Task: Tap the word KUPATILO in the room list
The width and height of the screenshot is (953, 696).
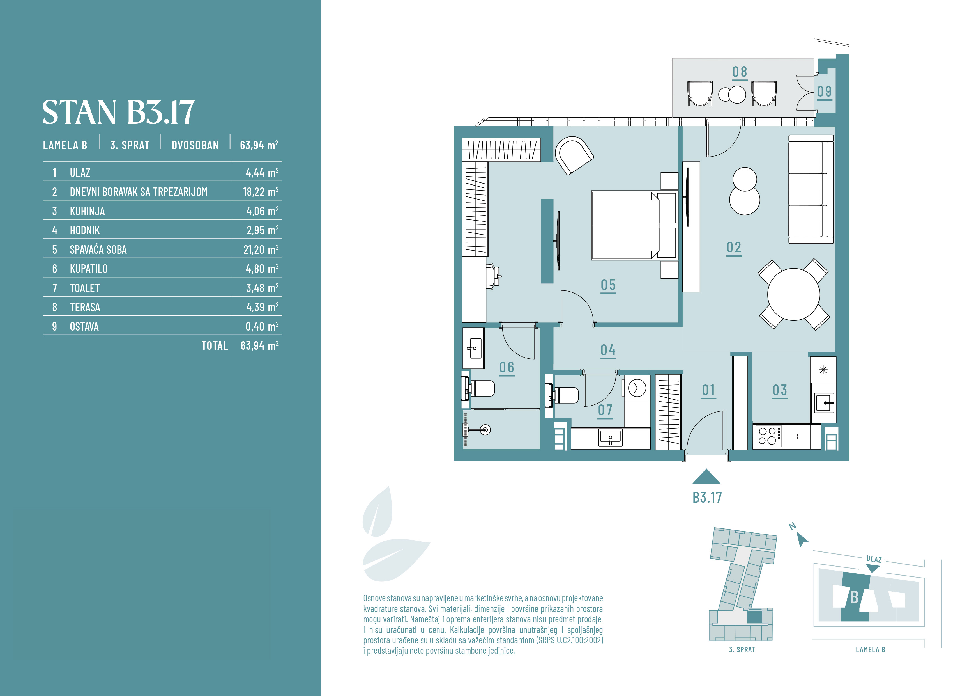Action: tap(89, 269)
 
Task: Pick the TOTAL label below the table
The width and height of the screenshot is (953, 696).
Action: tap(215, 346)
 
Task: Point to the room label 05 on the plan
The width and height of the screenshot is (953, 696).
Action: tap(608, 285)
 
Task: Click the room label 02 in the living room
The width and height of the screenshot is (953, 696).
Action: tap(734, 247)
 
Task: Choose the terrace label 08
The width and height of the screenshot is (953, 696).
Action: tap(740, 72)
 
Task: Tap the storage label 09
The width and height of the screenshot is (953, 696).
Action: tap(824, 91)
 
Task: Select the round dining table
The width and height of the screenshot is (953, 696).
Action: tap(793, 294)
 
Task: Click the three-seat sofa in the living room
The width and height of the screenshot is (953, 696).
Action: tap(811, 189)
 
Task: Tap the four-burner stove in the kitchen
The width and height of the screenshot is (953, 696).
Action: tap(768, 436)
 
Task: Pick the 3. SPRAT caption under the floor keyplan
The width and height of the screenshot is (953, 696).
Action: tap(742, 650)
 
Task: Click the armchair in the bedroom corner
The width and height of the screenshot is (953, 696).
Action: tap(574, 155)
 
